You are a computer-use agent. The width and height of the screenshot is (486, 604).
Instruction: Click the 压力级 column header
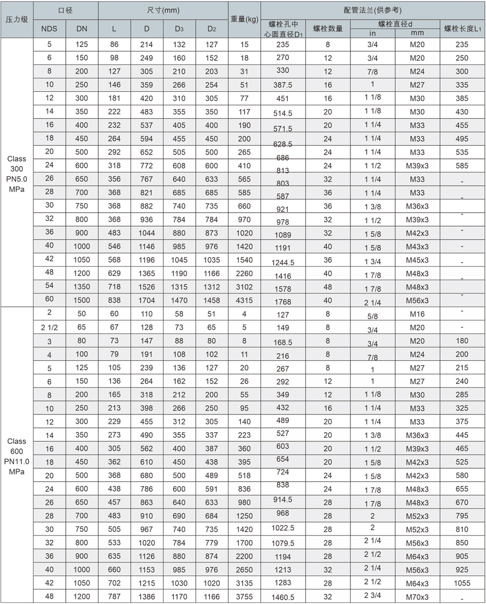click(x=17, y=19)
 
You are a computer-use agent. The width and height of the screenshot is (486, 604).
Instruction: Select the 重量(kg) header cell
click(x=244, y=19)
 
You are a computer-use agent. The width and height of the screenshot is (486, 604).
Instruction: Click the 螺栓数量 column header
click(x=328, y=29)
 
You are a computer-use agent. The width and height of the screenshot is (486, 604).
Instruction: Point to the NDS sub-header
click(x=50, y=29)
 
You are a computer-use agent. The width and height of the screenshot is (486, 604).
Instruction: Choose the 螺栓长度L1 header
click(x=462, y=29)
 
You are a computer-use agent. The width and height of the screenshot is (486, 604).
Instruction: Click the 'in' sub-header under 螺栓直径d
click(x=373, y=33)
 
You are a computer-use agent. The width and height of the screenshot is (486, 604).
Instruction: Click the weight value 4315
click(x=244, y=300)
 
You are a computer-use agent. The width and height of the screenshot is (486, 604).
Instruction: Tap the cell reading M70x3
click(x=417, y=596)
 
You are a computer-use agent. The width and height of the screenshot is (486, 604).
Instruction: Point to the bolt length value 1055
click(x=462, y=583)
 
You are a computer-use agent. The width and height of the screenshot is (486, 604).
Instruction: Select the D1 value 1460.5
click(x=283, y=597)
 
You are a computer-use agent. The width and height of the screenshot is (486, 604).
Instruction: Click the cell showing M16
click(x=417, y=313)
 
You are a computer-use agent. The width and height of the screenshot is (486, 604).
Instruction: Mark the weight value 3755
click(x=244, y=596)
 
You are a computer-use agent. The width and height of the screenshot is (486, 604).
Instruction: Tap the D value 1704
click(x=147, y=300)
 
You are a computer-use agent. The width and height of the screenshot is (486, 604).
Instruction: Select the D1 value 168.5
click(x=283, y=341)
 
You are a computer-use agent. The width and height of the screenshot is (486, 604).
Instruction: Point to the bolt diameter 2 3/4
click(x=373, y=595)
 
